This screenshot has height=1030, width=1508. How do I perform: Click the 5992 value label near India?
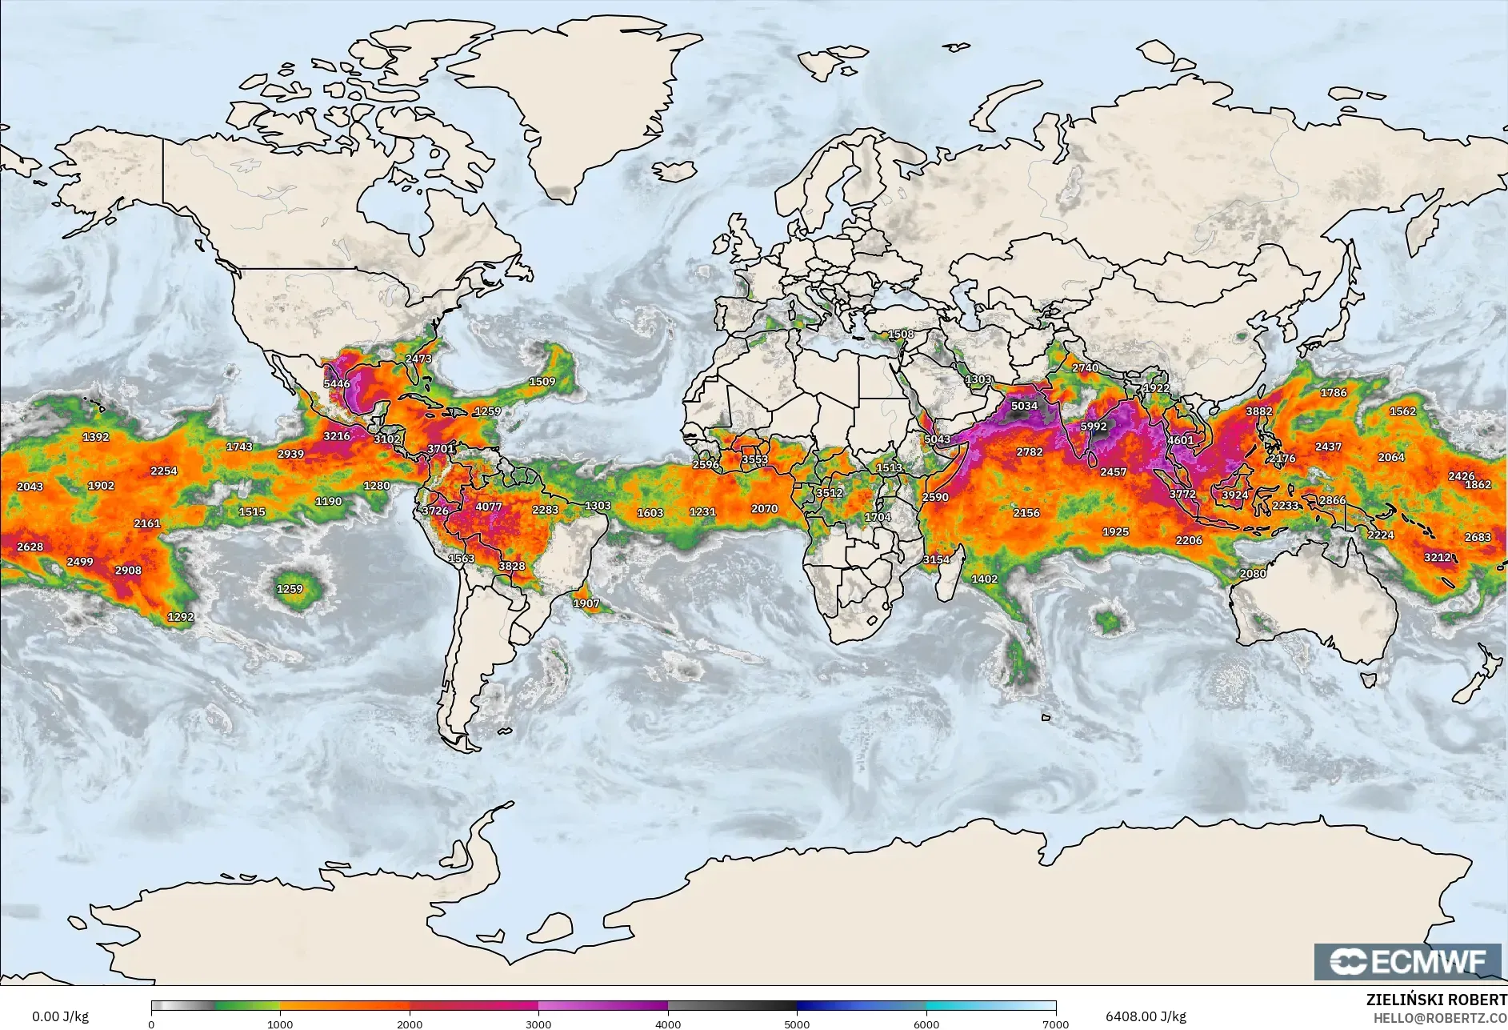(x=1094, y=426)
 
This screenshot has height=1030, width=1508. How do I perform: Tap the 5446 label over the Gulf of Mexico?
(x=337, y=383)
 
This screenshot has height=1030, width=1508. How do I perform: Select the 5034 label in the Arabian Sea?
(x=1024, y=406)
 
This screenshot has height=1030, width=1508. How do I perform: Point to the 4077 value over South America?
(x=489, y=507)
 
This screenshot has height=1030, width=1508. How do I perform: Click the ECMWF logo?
(x=1408, y=961)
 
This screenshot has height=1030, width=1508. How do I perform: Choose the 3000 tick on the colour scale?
(x=538, y=1024)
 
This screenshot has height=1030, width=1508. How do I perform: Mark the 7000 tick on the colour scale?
(x=1056, y=1024)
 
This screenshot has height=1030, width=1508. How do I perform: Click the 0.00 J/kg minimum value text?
(x=60, y=1016)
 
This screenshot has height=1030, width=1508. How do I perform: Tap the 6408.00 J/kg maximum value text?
(x=1146, y=1016)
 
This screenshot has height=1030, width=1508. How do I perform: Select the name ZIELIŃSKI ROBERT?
(x=1436, y=1000)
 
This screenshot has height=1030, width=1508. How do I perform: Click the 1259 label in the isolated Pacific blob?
(x=290, y=589)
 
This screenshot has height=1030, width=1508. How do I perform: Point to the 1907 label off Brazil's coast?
(x=586, y=603)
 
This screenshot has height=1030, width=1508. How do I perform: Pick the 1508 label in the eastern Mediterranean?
(x=901, y=334)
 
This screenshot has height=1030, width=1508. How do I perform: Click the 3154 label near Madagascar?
(x=936, y=559)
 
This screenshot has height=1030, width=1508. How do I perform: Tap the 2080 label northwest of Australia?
(x=1253, y=573)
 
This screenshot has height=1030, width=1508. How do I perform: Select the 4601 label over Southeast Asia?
(x=1180, y=440)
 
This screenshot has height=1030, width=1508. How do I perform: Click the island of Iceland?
(x=674, y=171)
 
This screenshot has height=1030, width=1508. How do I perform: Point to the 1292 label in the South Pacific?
(x=181, y=617)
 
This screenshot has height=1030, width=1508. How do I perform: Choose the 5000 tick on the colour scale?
(x=797, y=1024)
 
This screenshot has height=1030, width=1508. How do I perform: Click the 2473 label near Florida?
(x=418, y=359)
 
